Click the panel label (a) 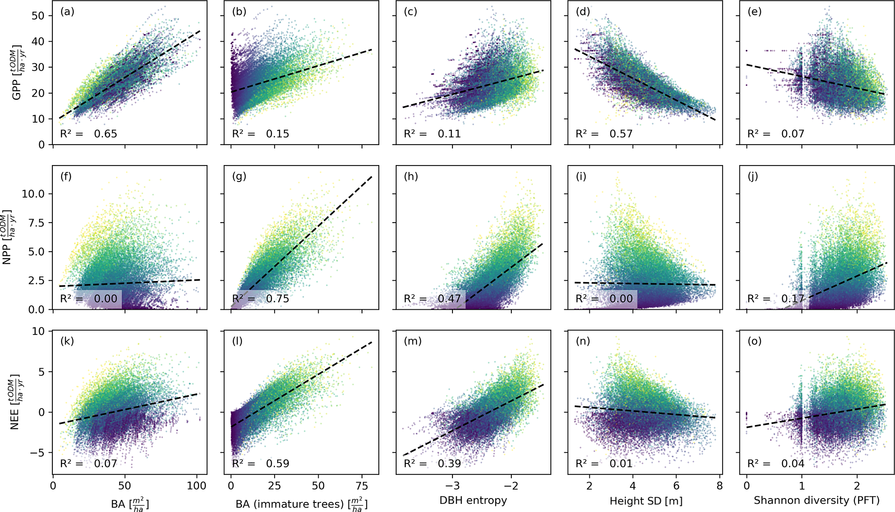[x=68, y=12]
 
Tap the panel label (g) [x=239, y=176]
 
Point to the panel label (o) [x=755, y=341]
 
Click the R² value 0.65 [x=106, y=134]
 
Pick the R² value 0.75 [x=278, y=298]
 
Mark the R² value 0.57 [x=621, y=134]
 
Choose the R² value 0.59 [x=278, y=463]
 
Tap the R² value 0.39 [x=449, y=463]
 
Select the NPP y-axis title [x=9, y=237]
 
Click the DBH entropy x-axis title [x=473, y=500]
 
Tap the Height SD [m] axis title [x=646, y=501]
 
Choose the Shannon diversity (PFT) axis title [x=817, y=500]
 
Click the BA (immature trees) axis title [x=301, y=504]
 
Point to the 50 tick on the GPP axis [x=38, y=16]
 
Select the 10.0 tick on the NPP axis [x=33, y=194]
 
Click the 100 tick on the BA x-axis [x=197, y=486]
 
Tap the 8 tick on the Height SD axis [x=720, y=486]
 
